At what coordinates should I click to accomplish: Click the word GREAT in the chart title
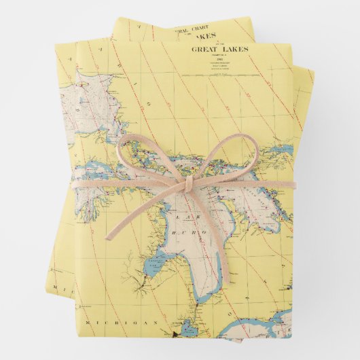(x=206, y=49)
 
